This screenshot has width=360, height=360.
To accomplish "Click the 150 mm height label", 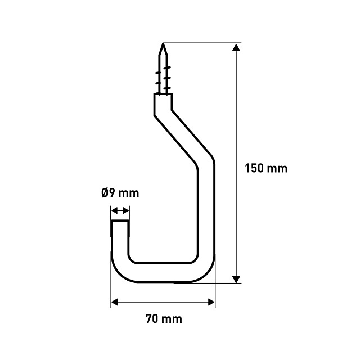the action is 266,168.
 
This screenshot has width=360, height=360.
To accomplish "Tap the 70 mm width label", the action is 164,319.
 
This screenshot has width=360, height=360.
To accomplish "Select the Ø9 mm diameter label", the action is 120,193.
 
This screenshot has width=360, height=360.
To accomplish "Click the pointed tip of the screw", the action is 163,43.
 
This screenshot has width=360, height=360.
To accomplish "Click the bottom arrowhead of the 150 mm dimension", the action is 236,279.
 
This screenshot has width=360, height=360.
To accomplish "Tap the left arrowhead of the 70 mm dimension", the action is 114,302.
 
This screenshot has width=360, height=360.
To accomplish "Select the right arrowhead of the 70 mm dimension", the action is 211,302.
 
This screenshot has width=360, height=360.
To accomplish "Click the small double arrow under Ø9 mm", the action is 120,210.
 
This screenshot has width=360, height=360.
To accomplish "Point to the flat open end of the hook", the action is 120,220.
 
